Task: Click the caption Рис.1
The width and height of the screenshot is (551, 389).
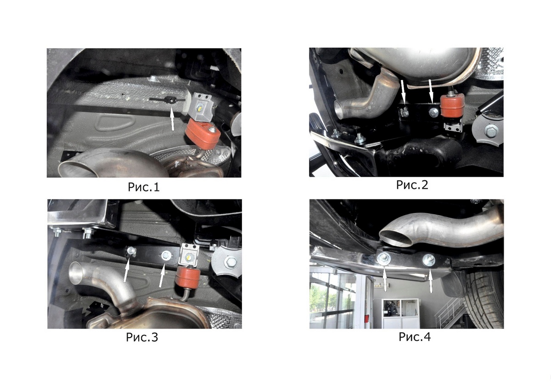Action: pos(144,187)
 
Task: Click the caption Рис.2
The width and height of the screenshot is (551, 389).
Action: pos(412,185)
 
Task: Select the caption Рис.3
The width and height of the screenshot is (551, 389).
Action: pos(142,337)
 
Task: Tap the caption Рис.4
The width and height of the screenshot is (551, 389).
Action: pos(415,337)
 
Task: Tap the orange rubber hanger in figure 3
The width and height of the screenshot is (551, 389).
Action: pos(188,278)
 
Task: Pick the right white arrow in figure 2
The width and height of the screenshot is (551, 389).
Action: pos(431,91)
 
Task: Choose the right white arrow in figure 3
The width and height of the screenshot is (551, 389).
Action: pos(162,275)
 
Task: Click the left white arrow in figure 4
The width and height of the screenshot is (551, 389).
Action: pos(385,279)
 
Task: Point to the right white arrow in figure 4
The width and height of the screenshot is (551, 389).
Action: pos(431,281)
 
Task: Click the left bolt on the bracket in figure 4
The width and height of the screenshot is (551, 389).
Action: pos(383,258)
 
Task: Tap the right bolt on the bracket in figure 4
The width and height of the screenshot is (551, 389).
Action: pos(429,260)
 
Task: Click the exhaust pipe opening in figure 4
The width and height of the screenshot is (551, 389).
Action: pos(395,239)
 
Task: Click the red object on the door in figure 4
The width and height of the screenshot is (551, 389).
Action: pos(366,318)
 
